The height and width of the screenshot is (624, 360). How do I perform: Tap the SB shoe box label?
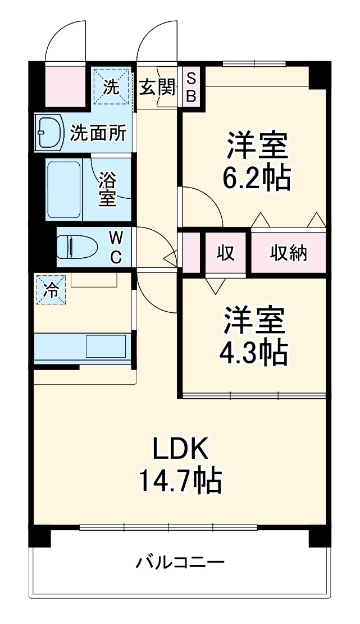click(x=191, y=86)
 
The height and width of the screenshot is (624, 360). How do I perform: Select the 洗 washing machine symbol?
click(x=111, y=86)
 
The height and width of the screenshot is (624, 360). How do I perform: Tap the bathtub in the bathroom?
click(x=63, y=190)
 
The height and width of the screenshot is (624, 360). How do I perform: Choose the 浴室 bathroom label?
click(x=107, y=190)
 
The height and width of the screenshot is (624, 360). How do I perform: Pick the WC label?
click(x=115, y=247)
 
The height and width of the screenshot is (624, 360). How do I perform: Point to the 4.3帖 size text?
click(x=254, y=353)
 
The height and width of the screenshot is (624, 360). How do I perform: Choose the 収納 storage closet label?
click(x=289, y=253)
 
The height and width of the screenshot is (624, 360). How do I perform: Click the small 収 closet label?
click(x=226, y=253)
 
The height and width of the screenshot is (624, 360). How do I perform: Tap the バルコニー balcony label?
click(x=180, y=562)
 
